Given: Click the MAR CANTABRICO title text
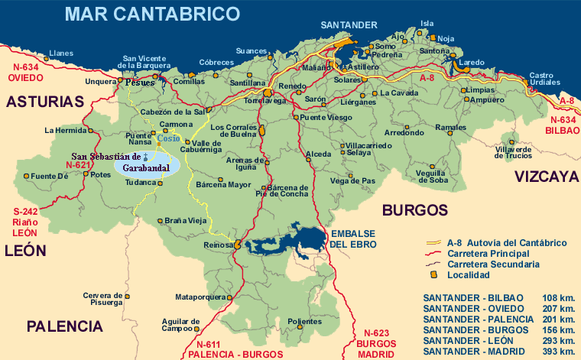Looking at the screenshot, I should pyautogui.click(x=152, y=13).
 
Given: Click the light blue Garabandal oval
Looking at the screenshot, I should pyautogui.click(x=147, y=165).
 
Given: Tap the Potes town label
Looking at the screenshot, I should pyautogui.click(x=101, y=174).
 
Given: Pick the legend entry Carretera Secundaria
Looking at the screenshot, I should pyautogui.click(x=492, y=264).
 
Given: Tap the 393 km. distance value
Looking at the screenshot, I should pyautogui.click(x=557, y=351).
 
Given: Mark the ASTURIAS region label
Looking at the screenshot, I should pyautogui.click(x=45, y=102).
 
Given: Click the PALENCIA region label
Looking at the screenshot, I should pyautogui.click(x=64, y=326).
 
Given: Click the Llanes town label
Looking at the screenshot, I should pyautogui.click(x=61, y=54).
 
